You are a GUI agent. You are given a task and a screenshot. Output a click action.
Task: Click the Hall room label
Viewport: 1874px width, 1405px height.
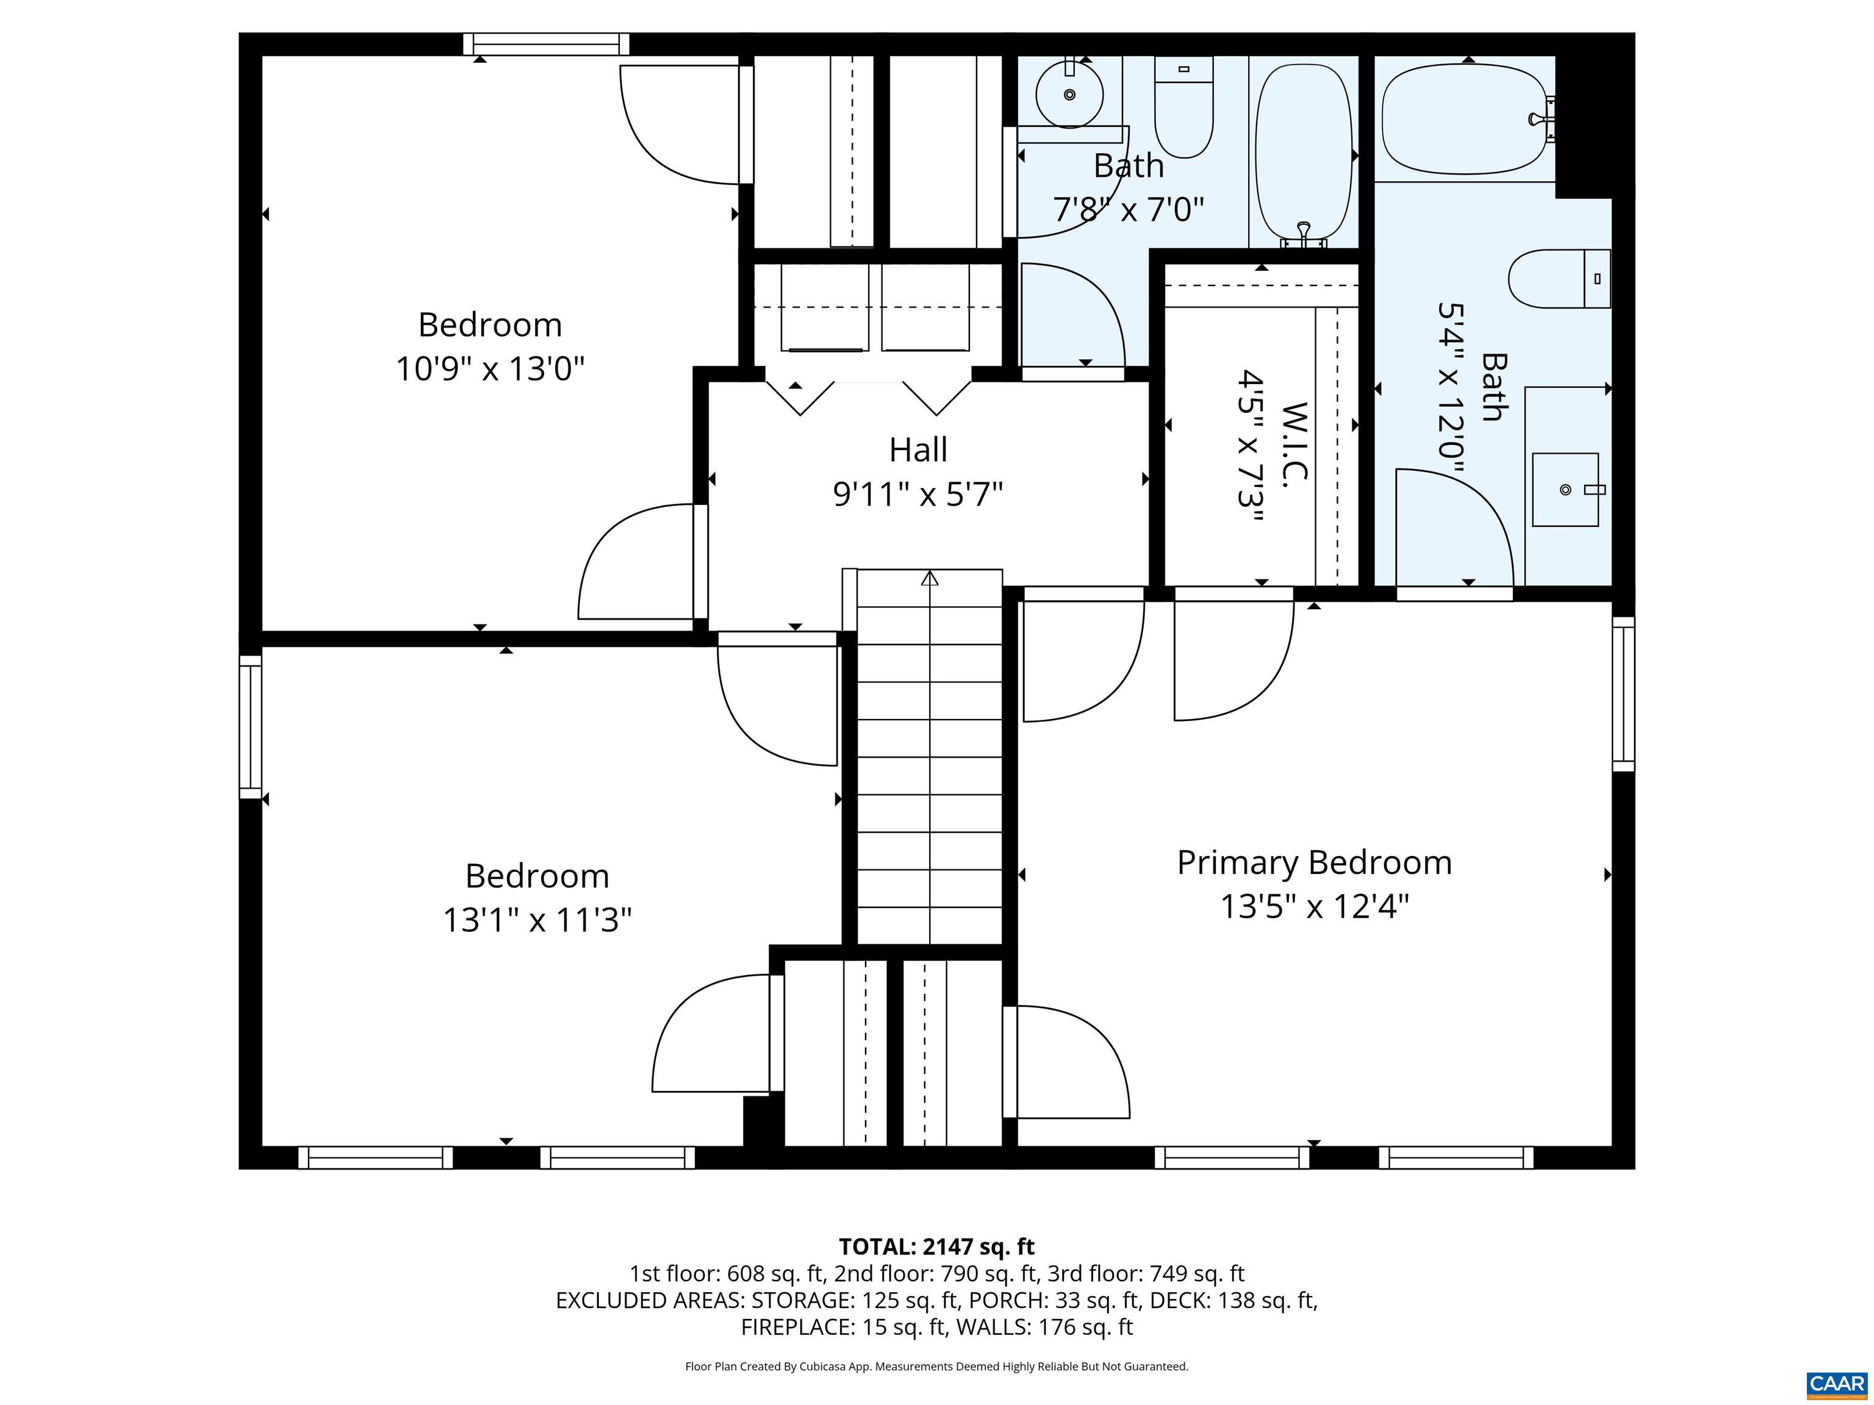click(x=917, y=449)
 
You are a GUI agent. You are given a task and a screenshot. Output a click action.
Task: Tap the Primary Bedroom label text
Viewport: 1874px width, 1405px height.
click(x=1313, y=863)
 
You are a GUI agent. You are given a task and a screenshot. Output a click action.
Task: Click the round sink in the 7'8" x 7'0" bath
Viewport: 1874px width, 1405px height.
click(x=1069, y=95)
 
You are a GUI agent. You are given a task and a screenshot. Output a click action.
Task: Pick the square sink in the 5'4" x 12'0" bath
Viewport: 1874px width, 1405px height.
click(x=1564, y=490)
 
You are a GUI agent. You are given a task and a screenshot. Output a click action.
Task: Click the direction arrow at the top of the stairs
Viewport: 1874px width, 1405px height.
click(x=930, y=579)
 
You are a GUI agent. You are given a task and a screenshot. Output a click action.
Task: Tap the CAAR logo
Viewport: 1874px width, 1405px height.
click(x=1836, y=1384)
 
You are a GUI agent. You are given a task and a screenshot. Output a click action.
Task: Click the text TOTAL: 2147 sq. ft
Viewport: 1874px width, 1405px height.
click(x=936, y=1246)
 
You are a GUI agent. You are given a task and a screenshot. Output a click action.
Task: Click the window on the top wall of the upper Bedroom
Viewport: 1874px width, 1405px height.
click(x=547, y=44)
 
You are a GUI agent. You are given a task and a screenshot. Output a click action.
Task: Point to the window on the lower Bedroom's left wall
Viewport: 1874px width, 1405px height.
click(x=250, y=727)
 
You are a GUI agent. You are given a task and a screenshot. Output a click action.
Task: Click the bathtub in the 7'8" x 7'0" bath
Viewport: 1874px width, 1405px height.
click(x=1303, y=152)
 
